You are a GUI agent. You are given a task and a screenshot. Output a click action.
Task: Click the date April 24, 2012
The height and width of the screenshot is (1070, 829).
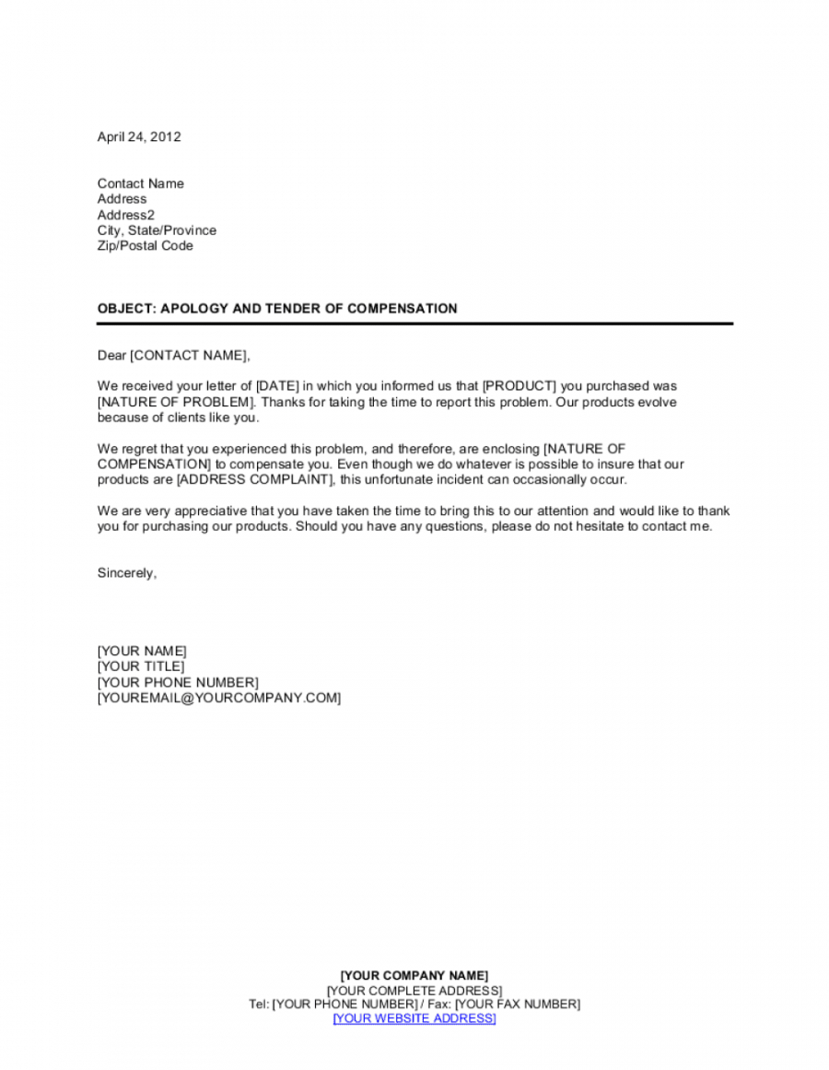tap(139, 137)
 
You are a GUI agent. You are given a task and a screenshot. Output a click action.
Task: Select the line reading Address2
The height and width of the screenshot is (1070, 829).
tap(126, 215)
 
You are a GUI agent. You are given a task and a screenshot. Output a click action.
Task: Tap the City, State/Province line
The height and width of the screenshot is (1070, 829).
tap(157, 230)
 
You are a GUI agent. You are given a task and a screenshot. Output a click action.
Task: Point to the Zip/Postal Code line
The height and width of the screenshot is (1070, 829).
tap(146, 246)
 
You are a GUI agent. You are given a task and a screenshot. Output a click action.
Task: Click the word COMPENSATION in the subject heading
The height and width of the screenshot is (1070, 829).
tap(402, 309)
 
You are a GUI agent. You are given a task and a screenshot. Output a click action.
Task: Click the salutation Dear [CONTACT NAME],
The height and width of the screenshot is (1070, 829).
tap(174, 355)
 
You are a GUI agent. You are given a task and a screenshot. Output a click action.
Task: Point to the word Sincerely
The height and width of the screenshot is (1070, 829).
tap(126, 573)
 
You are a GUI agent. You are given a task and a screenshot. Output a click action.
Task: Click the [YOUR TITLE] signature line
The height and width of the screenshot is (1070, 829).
tap(141, 666)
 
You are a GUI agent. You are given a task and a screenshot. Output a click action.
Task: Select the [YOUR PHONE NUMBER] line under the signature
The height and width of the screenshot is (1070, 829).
tap(178, 682)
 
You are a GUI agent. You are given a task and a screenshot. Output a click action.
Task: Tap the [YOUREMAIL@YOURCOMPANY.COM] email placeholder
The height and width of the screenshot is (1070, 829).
tap(219, 698)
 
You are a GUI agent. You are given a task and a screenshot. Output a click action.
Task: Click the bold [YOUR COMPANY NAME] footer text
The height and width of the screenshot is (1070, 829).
tap(414, 975)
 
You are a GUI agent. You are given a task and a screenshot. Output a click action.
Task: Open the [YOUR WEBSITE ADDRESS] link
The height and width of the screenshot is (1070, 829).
tap(414, 1018)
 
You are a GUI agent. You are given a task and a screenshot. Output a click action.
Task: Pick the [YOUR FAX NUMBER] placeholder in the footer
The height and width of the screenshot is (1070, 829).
tap(518, 1004)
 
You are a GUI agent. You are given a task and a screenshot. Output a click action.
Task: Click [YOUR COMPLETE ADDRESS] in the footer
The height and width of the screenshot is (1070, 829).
tap(414, 990)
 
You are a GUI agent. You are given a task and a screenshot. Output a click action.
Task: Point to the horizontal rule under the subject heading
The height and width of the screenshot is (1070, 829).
tap(414, 323)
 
